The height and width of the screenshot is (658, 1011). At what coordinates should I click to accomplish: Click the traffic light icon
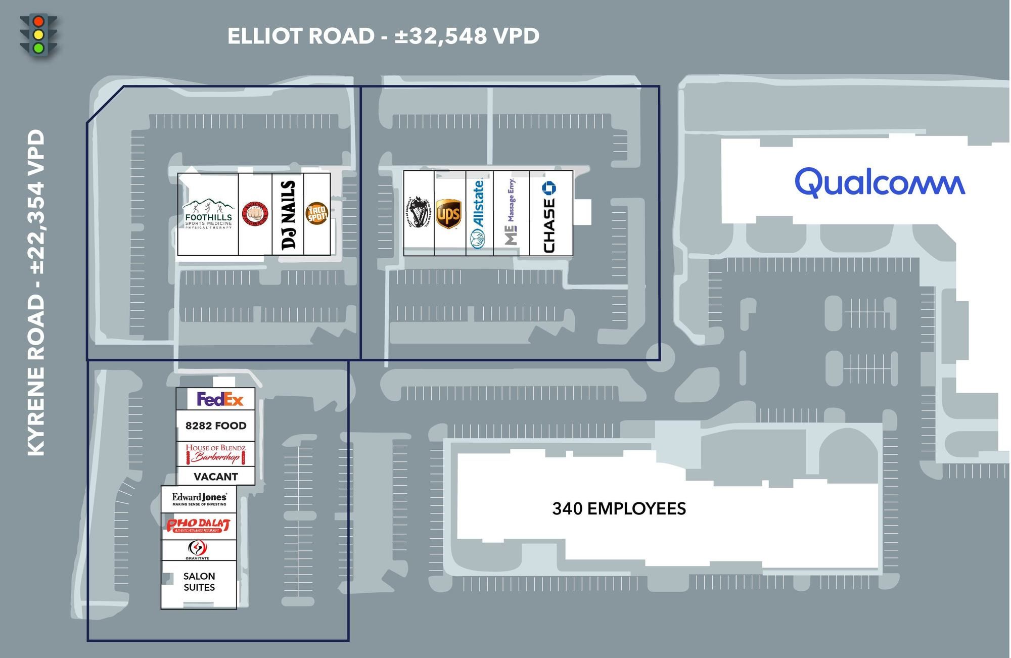[x=38, y=35]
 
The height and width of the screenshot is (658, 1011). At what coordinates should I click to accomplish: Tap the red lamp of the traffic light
[x=38, y=22]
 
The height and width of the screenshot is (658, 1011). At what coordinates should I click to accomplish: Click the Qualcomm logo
[x=880, y=182]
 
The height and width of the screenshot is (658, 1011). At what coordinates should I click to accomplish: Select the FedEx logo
[x=220, y=399]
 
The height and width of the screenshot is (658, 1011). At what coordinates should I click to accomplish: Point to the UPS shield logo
[x=448, y=214]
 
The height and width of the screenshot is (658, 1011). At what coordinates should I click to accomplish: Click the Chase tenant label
[x=549, y=217]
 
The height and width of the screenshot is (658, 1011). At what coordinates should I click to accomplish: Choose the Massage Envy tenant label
[x=511, y=212]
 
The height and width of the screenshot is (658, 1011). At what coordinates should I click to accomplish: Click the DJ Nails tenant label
[x=288, y=215]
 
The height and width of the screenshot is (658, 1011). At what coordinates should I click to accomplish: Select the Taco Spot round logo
[x=317, y=214]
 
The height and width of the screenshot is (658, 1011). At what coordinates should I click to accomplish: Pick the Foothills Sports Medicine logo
[x=208, y=215]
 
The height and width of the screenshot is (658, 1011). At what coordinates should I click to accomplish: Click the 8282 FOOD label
[x=216, y=426]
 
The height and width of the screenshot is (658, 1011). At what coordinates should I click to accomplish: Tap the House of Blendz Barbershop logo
[x=215, y=453]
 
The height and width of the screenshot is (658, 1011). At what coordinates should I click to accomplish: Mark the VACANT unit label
[x=216, y=477]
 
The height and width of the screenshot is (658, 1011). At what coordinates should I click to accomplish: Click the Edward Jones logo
[x=199, y=499]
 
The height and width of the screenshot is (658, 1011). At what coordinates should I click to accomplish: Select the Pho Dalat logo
[x=198, y=525]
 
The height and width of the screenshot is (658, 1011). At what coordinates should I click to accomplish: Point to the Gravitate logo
[x=197, y=550]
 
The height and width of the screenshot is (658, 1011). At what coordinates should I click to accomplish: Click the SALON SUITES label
[x=199, y=582]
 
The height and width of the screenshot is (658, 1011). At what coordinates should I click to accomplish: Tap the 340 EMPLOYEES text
[x=619, y=508]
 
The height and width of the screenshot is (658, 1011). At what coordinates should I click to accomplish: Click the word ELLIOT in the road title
[x=264, y=36]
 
